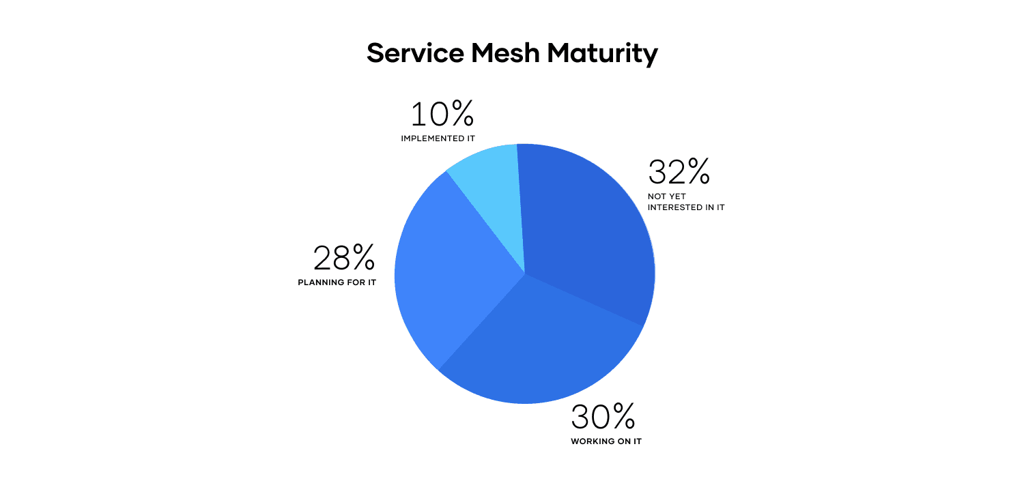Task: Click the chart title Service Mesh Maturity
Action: (x=512, y=53)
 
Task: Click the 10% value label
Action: (x=442, y=115)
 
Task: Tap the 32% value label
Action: (x=679, y=173)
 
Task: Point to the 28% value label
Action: (x=344, y=259)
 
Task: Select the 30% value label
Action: (x=603, y=417)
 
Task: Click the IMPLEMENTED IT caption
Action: (x=438, y=138)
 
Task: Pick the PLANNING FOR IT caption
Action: (x=337, y=282)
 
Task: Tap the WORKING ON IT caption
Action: (x=606, y=441)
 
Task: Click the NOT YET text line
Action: (x=666, y=196)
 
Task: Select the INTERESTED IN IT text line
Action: (x=686, y=207)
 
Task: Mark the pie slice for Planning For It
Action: (x=451, y=273)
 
